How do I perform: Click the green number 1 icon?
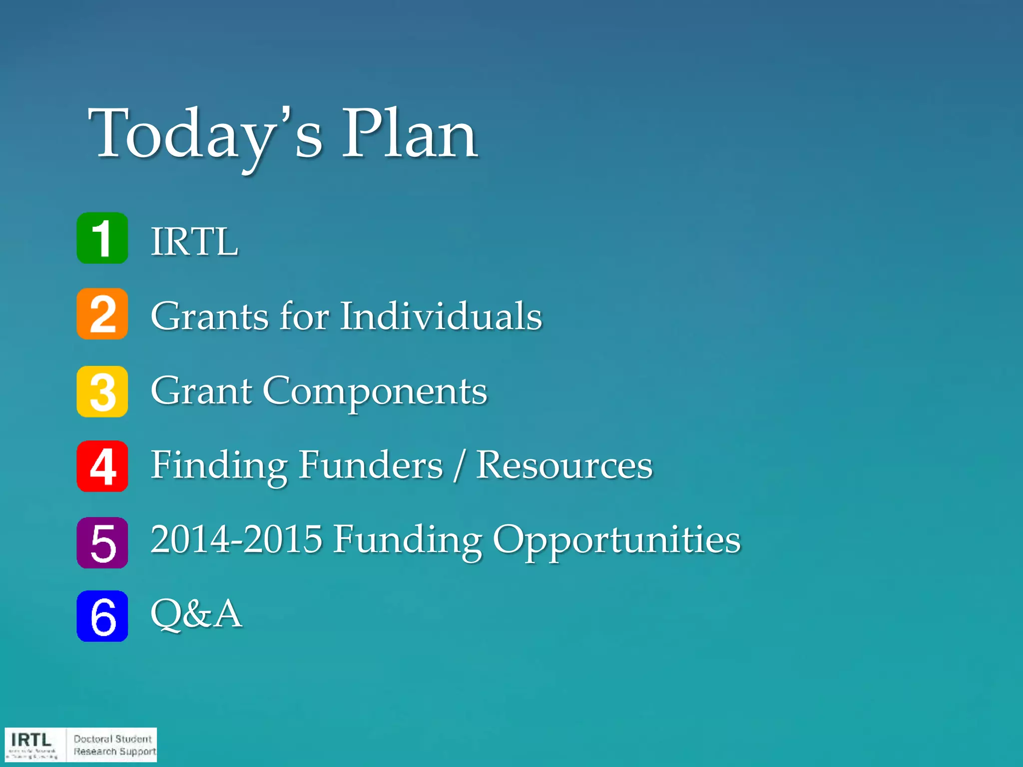pos(102,238)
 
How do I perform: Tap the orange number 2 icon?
pos(102,314)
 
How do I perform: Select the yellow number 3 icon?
pos(102,391)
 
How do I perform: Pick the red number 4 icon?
pos(102,466)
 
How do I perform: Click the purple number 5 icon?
pos(102,543)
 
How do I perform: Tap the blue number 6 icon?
pos(102,616)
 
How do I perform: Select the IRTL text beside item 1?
pos(195,242)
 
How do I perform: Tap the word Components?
pos(375,391)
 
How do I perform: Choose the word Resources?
pos(564,465)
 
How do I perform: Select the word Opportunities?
pos(616,541)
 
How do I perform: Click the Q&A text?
pos(196,614)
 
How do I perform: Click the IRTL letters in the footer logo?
pos(31,740)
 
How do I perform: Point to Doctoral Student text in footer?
pos(112,739)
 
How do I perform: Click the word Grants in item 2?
pos(210,316)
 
